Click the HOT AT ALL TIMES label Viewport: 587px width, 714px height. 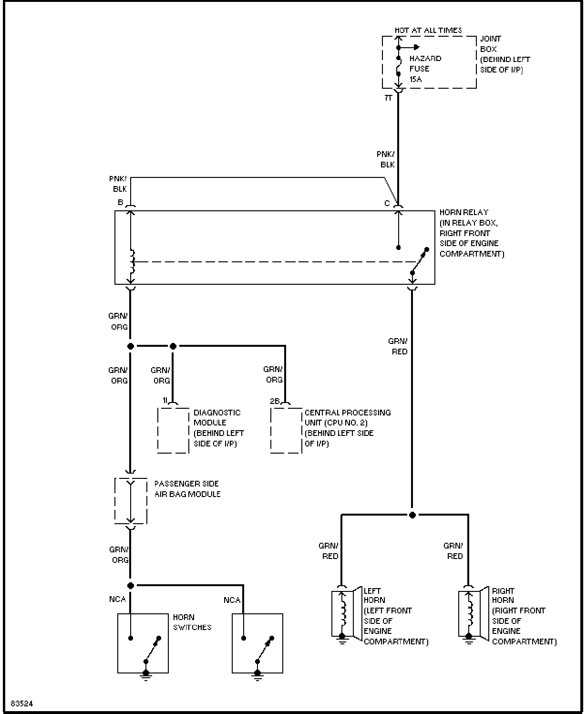(x=428, y=31)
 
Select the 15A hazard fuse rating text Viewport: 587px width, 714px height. (x=416, y=79)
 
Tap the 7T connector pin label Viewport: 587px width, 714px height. (x=388, y=98)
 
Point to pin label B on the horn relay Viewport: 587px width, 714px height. (x=120, y=202)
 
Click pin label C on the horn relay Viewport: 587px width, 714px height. (x=387, y=203)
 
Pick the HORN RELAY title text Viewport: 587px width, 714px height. (x=464, y=212)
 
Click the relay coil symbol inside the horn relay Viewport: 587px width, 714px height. (x=132, y=261)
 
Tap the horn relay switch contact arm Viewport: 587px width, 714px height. (x=420, y=261)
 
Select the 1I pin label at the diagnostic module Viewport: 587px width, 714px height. (x=165, y=401)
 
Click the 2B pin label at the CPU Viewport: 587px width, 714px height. (x=275, y=401)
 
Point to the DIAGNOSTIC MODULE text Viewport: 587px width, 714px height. (x=217, y=417)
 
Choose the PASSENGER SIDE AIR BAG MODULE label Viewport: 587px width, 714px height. (x=187, y=489)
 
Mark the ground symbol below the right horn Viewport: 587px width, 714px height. (x=469, y=639)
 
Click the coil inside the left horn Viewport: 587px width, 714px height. (x=344, y=614)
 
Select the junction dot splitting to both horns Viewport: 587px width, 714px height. (x=412, y=515)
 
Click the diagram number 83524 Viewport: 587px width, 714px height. (x=21, y=704)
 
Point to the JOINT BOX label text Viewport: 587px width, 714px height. (x=490, y=44)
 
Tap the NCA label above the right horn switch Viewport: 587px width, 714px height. (x=232, y=600)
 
